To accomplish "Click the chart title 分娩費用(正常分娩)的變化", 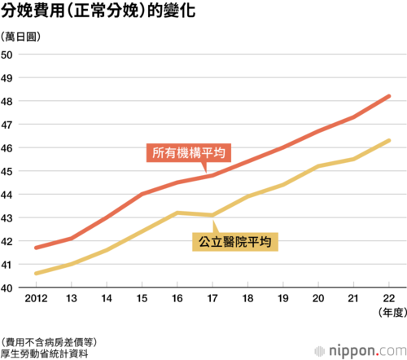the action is [x=98, y=11].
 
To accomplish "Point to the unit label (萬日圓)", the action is [x=20, y=37].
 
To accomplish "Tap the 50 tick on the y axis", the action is [x=7, y=55].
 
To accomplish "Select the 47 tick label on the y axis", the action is [x=7, y=125].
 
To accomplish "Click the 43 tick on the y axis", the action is [x=7, y=218].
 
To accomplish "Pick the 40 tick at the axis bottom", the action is [x=7, y=288].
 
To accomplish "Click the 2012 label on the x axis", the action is [x=36, y=298].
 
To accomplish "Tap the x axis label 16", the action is [x=177, y=298].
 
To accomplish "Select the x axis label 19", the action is [x=283, y=298].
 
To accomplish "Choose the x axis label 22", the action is [x=389, y=298].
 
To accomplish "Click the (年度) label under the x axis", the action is [x=392, y=313].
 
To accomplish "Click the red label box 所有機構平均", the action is [x=189, y=153].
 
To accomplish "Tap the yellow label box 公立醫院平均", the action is [x=235, y=242].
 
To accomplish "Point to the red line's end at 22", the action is [x=389, y=96].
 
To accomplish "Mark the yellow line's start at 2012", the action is [x=36, y=274].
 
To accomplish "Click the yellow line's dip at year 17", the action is [x=212, y=215].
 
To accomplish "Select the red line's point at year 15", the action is [x=142, y=194].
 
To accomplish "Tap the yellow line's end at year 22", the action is [x=389, y=141].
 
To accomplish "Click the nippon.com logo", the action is [x=361, y=351].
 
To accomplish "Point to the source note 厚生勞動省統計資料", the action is [x=45, y=353].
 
